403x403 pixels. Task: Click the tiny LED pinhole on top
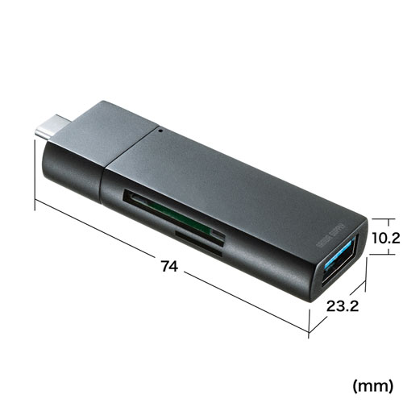click(x=161, y=127)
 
